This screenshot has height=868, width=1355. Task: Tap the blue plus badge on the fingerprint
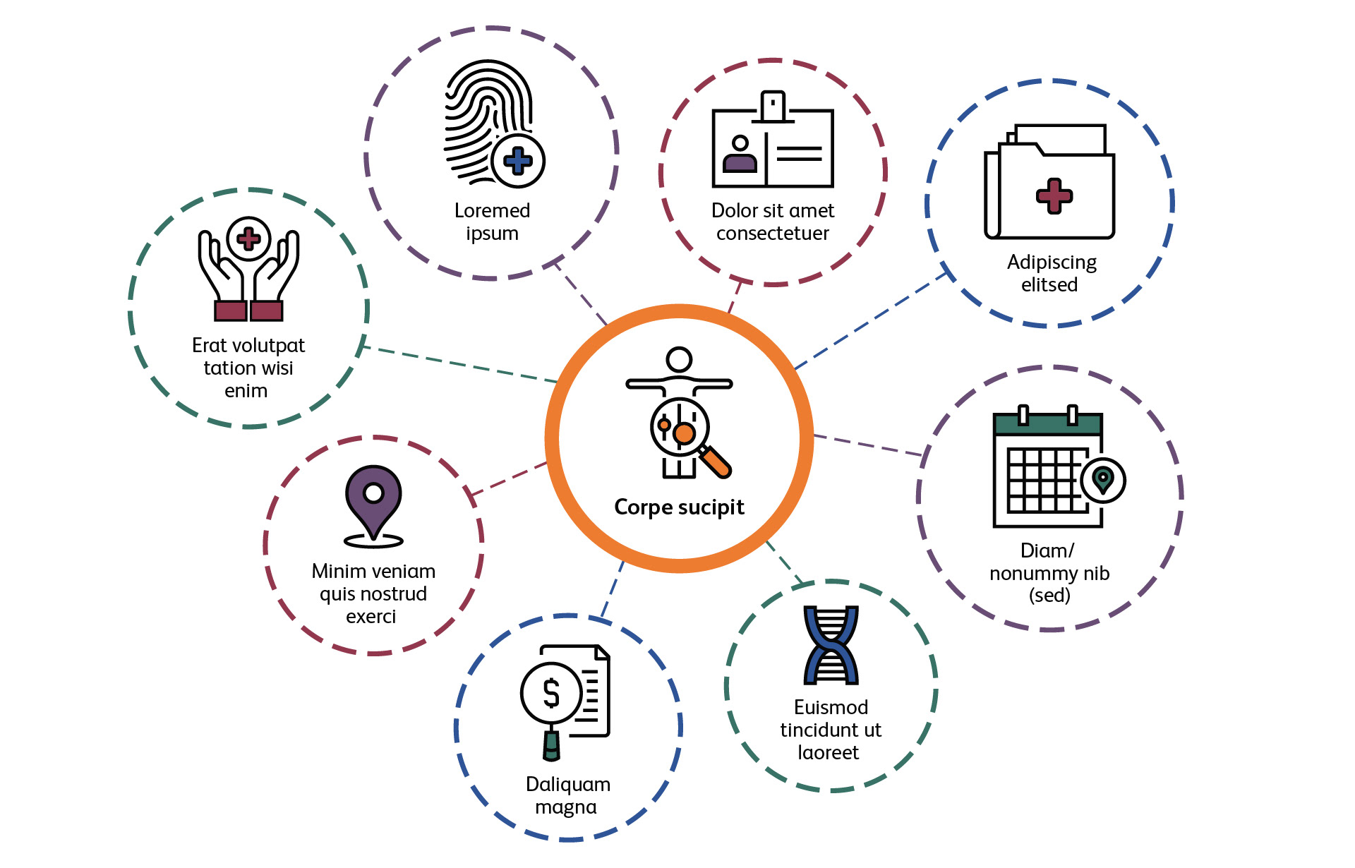pos(518,161)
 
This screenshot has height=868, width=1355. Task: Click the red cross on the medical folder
pos(1054,195)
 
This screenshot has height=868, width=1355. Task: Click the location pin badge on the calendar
pos(1103,480)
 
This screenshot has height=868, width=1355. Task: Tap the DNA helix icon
pos(831,645)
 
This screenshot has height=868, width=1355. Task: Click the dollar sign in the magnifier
pos(551,693)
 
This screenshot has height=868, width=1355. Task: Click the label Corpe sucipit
pos(679,507)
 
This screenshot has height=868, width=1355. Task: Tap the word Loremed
pos(492,210)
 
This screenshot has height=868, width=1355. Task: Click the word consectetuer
pos(773,234)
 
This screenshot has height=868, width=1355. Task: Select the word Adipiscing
pos(1052,263)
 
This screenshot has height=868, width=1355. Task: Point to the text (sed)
pos(1049,596)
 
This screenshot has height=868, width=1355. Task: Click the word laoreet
pos(829,753)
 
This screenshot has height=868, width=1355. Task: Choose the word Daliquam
pos(568,784)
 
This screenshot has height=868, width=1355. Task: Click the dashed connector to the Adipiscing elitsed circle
pos(872,321)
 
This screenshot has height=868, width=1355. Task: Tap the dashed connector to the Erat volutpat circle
pos(459,364)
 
